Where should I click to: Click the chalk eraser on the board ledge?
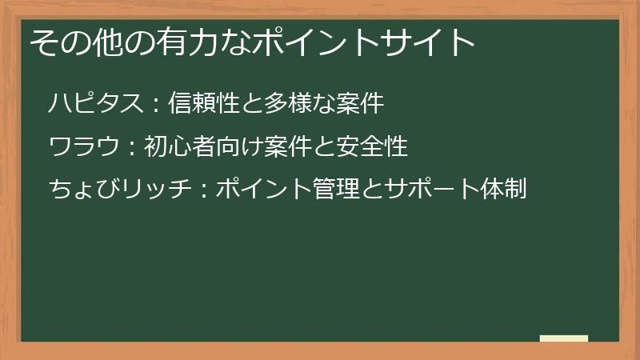point(564,338)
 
